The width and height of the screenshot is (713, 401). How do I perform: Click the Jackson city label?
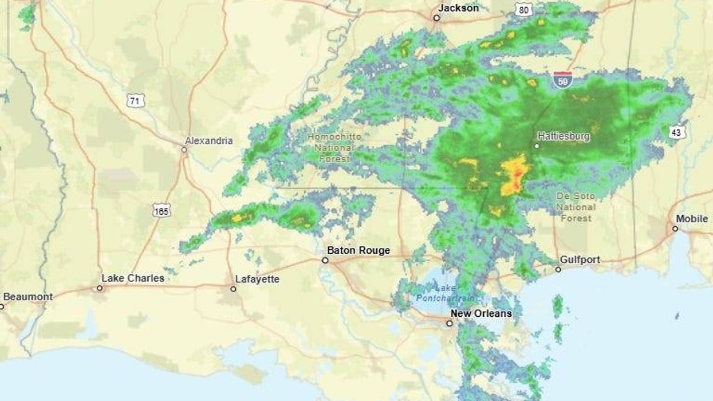pyautogui.click(x=458, y=8)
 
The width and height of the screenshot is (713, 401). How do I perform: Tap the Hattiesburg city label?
pyautogui.click(x=563, y=137)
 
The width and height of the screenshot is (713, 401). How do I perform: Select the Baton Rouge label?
pyautogui.click(x=359, y=250)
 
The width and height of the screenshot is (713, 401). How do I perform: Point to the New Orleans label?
pyautogui.click(x=481, y=313)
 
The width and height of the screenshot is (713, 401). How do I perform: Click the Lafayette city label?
pyautogui.click(x=257, y=279)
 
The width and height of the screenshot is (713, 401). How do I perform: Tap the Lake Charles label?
pyautogui.click(x=133, y=278)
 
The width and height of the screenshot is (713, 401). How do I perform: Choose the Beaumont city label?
pyautogui.click(x=28, y=297)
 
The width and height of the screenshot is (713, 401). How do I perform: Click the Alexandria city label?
pyautogui.click(x=208, y=140)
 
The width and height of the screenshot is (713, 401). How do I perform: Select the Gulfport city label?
pyautogui.click(x=580, y=260)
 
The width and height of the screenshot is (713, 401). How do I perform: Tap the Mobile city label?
pyautogui.click(x=692, y=219)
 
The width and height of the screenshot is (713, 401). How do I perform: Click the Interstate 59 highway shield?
pyautogui.click(x=562, y=79)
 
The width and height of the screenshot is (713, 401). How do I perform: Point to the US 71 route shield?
pyautogui.click(x=135, y=101)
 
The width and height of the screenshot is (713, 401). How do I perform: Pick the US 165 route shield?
pyautogui.click(x=161, y=210)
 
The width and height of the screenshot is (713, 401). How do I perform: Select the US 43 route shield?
pyautogui.click(x=677, y=132)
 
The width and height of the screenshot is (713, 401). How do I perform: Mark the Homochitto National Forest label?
pyautogui.click(x=335, y=147)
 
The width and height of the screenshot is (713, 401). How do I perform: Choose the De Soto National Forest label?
pyautogui.click(x=576, y=207)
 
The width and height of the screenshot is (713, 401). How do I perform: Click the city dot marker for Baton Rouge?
pyautogui.click(x=325, y=260)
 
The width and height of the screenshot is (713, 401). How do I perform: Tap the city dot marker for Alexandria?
pyautogui.click(x=184, y=150)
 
